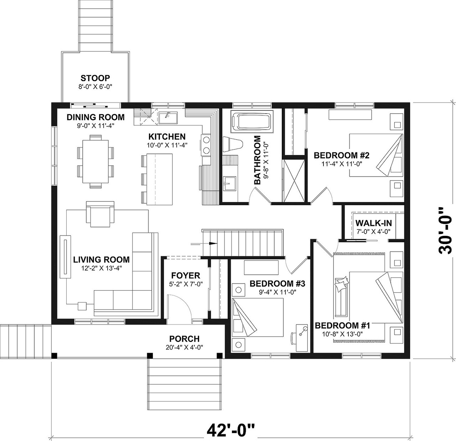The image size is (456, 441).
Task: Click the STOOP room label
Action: [95, 78]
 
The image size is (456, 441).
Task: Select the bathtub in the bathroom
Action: [252, 122]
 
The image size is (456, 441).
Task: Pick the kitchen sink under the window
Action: [166, 117]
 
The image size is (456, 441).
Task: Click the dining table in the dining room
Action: [95, 161]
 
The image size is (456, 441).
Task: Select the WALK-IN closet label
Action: [373, 223]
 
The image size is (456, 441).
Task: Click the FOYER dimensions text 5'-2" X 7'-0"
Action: [186, 284]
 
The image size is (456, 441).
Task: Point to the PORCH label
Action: [184, 339]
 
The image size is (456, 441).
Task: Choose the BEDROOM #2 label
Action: [341, 155]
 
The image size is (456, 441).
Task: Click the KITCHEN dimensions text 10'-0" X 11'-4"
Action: [167, 145]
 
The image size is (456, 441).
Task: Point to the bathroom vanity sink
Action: [228, 184]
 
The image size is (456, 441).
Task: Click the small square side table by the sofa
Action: [82, 305]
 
